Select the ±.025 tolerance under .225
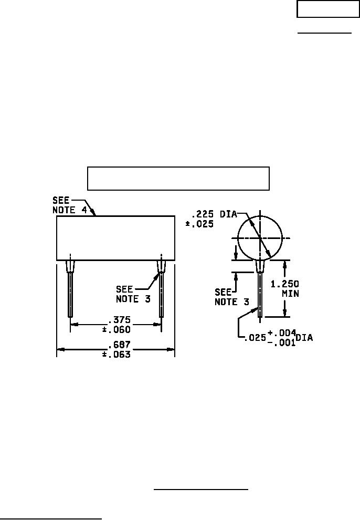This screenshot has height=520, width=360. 199,224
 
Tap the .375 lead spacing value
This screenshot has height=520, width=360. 120,320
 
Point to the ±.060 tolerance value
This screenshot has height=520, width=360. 117,330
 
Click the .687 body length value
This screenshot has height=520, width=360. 120,345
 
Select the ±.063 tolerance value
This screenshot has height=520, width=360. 117,354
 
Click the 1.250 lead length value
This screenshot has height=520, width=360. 285,284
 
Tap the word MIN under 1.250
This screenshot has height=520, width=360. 290,294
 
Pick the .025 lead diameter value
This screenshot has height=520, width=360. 255,338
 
